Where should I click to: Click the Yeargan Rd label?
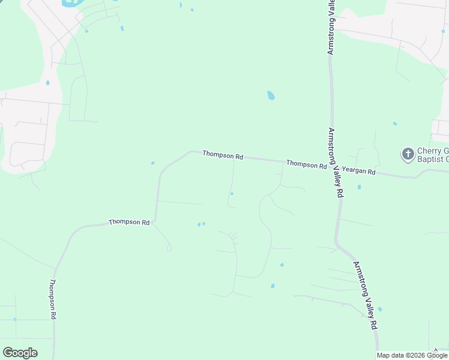pos(358,172)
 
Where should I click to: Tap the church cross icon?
pos(408,154)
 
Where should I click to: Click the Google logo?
pos(20,353)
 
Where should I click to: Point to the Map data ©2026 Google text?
pos(412,355)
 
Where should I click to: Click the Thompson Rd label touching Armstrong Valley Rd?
pos(306,164)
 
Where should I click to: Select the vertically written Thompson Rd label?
pos(53,299)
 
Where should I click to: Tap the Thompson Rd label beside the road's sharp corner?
pos(129,222)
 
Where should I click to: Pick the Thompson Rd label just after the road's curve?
pos(223,155)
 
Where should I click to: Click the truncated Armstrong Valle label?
pos(330,28)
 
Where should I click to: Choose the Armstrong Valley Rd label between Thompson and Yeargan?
pos(335,162)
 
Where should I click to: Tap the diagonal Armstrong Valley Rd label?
pos(365,295)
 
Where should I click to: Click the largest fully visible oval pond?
pos(271,95)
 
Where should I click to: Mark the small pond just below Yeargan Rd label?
pos(359,187)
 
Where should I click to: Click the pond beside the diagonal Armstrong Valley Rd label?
pos(380,309)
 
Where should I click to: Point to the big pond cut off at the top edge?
pos(71,2)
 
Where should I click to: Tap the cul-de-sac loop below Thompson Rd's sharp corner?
pos(169,248)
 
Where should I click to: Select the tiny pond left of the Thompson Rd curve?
pos(153,163)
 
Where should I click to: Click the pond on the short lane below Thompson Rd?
pos(232,193)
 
